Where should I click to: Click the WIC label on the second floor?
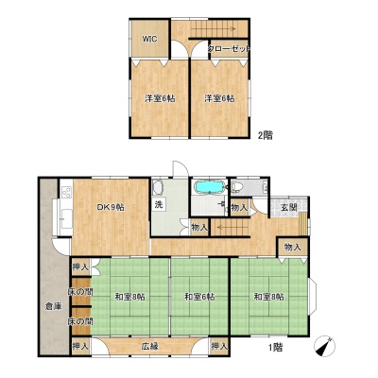pyautogui.click(x=150, y=40)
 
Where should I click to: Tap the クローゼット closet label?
pyautogui.click(x=229, y=49)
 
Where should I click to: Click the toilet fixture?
pyautogui.click(x=237, y=187)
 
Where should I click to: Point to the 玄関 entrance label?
pyautogui.click(x=289, y=208)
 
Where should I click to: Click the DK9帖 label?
pyautogui.click(x=111, y=207)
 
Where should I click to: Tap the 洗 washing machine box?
pyautogui.click(x=159, y=204)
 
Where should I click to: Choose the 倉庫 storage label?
pyautogui.click(x=53, y=306)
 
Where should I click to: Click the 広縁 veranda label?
pyautogui.click(x=149, y=347)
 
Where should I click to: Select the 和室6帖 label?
pyautogui.click(x=199, y=297)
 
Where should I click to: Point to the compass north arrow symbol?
pyautogui.click(x=324, y=346)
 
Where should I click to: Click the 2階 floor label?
pyautogui.click(x=266, y=135)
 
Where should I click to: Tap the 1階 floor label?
pyautogui.click(x=275, y=347)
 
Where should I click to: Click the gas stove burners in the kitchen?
pyautogui.click(x=66, y=192)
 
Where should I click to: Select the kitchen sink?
pyautogui.click(x=66, y=219)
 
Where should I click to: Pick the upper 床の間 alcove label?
pyautogui.click(x=80, y=292)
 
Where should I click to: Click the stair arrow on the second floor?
pyautogui.click(x=214, y=29)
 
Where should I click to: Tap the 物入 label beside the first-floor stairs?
pyautogui.click(x=199, y=227)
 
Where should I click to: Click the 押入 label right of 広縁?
pyautogui.click(x=219, y=347)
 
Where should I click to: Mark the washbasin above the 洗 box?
pyautogui.click(x=157, y=188)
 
